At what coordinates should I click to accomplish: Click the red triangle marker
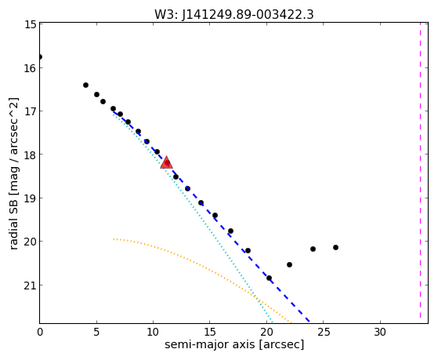tap(166, 163)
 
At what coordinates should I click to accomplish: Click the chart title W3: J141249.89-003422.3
tap(234, 14)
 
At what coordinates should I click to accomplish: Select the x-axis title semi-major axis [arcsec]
tap(234, 344)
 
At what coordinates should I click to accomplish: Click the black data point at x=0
tap(40, 56)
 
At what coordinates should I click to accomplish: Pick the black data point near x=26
tap(336, 247)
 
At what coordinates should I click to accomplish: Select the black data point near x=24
tap(313, 249)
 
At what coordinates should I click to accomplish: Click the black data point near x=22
tap(289, 264)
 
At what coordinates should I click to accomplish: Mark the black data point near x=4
tap(85, 85)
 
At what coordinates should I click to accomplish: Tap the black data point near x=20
tap(269, 278)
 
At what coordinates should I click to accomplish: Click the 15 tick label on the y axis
tap(31, 24)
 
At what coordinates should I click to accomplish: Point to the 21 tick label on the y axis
tap(31, 285)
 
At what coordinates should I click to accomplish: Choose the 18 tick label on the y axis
tap(31, 155)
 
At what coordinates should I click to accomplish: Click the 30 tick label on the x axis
tap(380, 332)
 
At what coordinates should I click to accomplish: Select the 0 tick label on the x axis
tap(40, 332)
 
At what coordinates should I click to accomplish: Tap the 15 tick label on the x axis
tap(210, 332)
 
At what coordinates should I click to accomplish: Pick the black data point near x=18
tap(248, 250)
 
